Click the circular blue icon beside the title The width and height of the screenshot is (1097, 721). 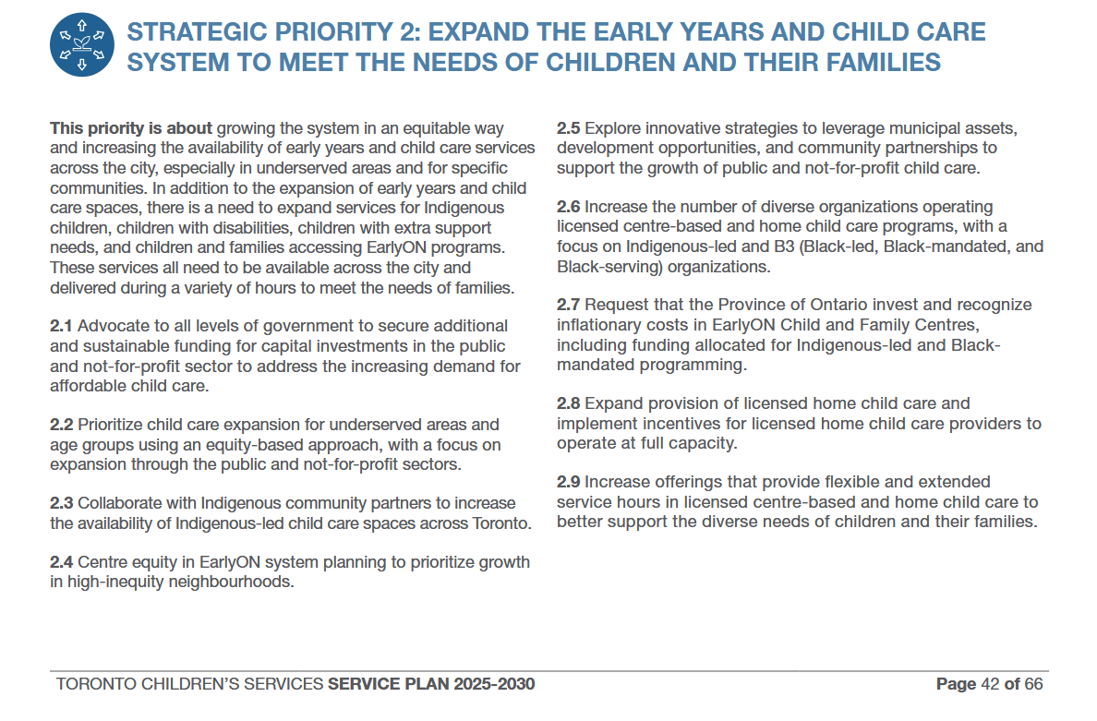[82, 44]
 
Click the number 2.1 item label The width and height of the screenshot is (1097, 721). [62, 326]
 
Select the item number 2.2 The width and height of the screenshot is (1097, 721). [62, 425]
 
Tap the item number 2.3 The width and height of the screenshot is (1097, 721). [62, 503]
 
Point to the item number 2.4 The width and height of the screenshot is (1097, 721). [62, 562]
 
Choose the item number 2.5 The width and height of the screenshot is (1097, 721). [569, 128]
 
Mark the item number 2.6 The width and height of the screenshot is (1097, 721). [569, 207]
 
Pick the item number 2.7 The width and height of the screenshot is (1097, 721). [569, 305]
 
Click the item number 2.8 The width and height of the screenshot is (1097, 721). [569, 403]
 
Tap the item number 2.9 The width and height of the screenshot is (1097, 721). [569, 482]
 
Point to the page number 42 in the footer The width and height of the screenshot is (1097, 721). [989, 684]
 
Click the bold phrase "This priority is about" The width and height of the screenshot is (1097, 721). [131, 128]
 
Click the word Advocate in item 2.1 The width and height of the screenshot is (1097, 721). [111, 326]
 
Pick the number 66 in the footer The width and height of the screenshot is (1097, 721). [1033, 684]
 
